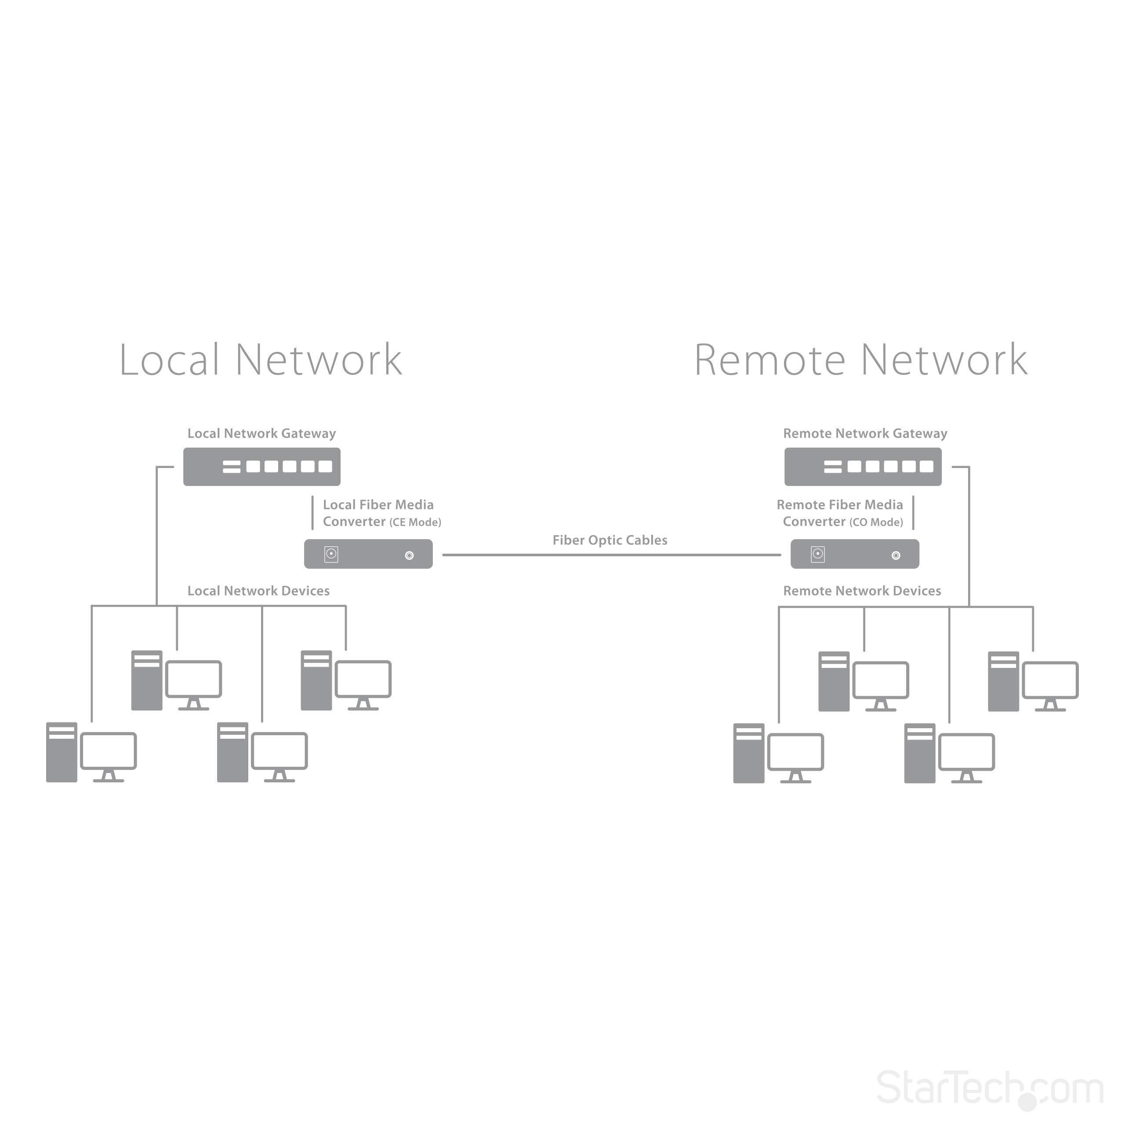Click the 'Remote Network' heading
point(860,360)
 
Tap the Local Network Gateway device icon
point(261,466)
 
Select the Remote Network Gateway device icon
point(862,466)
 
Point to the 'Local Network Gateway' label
point(261,433)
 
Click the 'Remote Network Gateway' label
point(865,433)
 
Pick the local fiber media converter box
point(368,554)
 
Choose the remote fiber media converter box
point(854,554)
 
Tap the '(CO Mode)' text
point(876,523)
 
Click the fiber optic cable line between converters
point(611,555)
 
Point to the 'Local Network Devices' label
point(258,591)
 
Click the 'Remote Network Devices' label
point(862,591)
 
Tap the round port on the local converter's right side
point(410,555)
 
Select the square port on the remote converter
point(817,554)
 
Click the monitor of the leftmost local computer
point(108,751)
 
